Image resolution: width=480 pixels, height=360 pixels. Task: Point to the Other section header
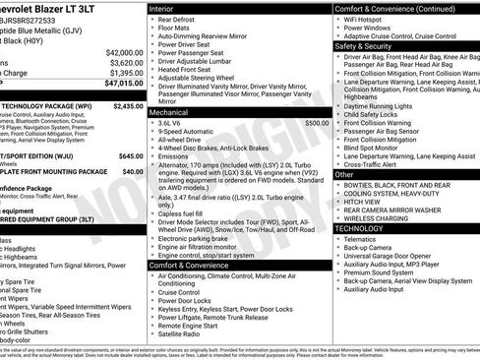(344, 174)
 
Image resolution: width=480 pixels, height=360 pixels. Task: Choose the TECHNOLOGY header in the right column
(359, 227)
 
